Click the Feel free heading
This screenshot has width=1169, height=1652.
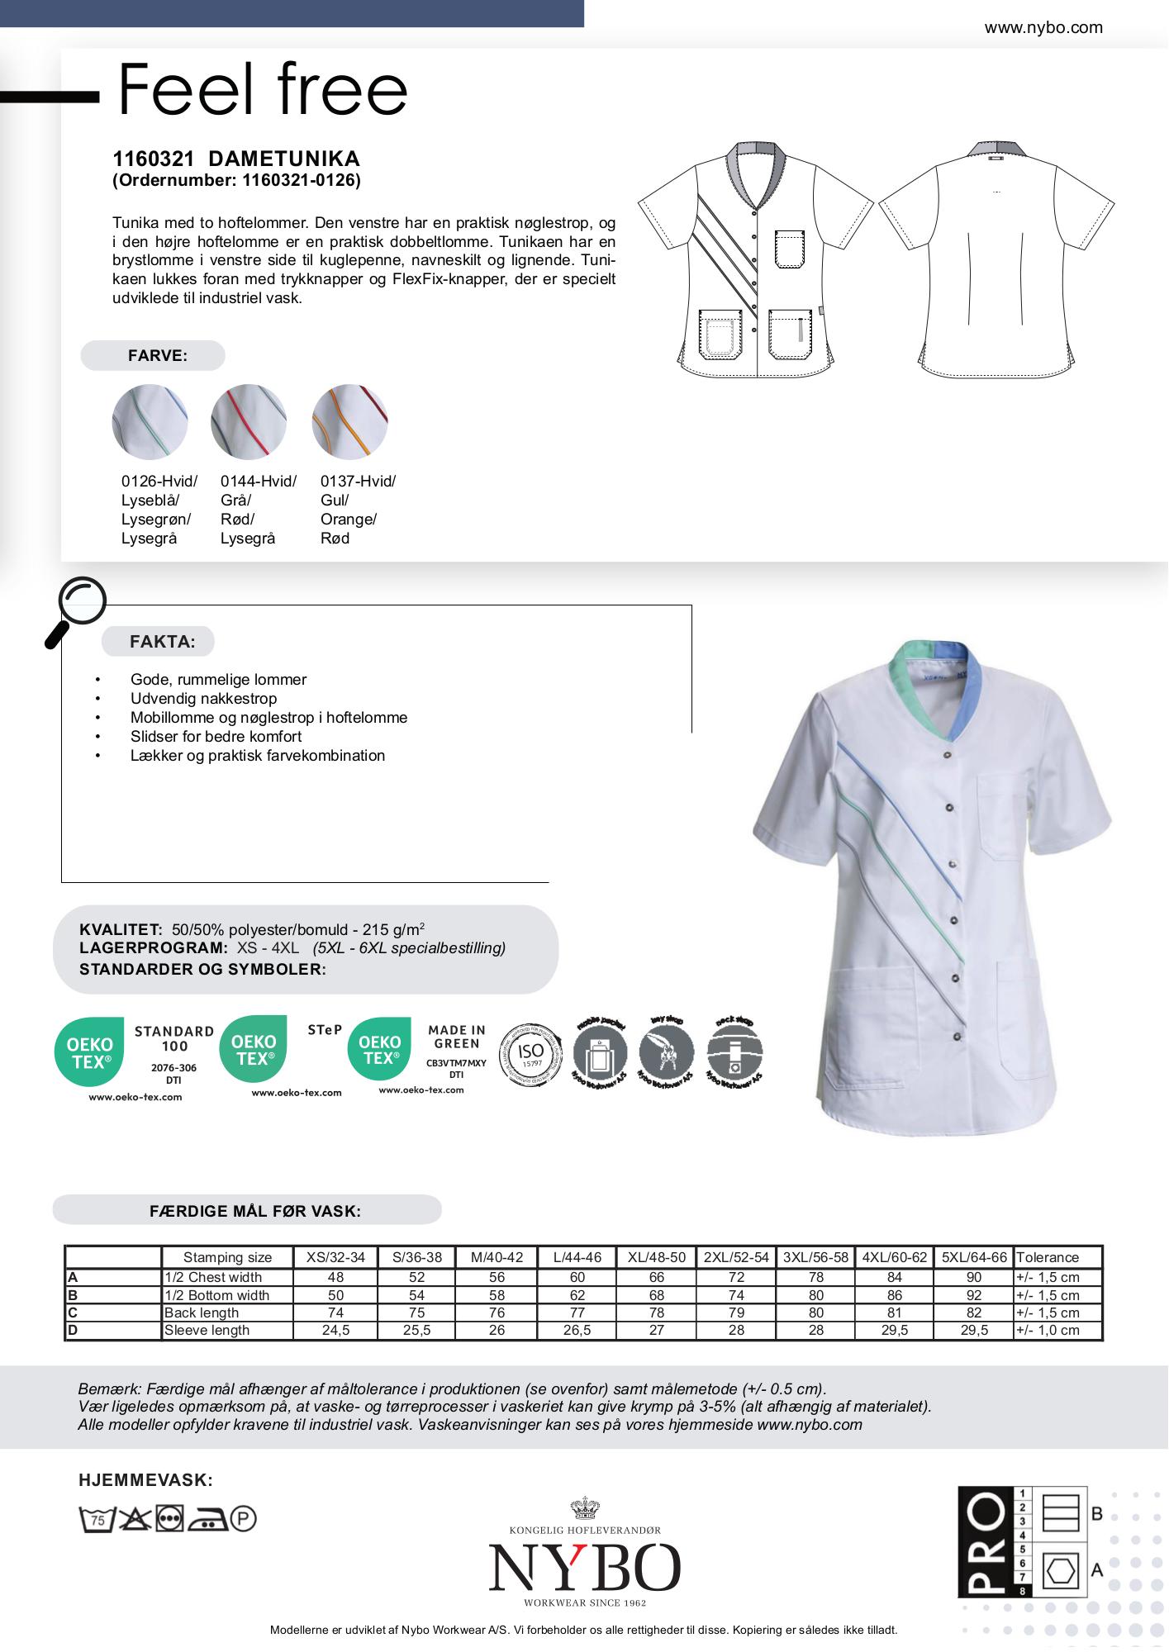(263, 89)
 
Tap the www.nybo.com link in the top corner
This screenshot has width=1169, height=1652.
(1043, 27)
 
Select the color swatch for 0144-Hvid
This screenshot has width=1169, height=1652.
(249, 421)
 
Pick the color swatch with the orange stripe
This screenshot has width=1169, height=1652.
(349, 421)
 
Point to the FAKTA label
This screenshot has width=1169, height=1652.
(162, 642)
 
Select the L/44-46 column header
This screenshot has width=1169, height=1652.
(577, 1257)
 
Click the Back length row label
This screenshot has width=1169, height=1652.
(202, 1313)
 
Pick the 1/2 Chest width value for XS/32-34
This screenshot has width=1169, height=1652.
(335, 1277)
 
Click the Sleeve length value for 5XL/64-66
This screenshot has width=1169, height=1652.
(974, 1331)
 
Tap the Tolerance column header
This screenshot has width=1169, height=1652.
(1048, 1257)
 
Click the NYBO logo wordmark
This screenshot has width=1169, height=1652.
(584, 1567)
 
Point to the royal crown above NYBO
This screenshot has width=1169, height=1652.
(585, 1509)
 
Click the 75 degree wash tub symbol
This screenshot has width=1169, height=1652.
(96, 1519)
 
